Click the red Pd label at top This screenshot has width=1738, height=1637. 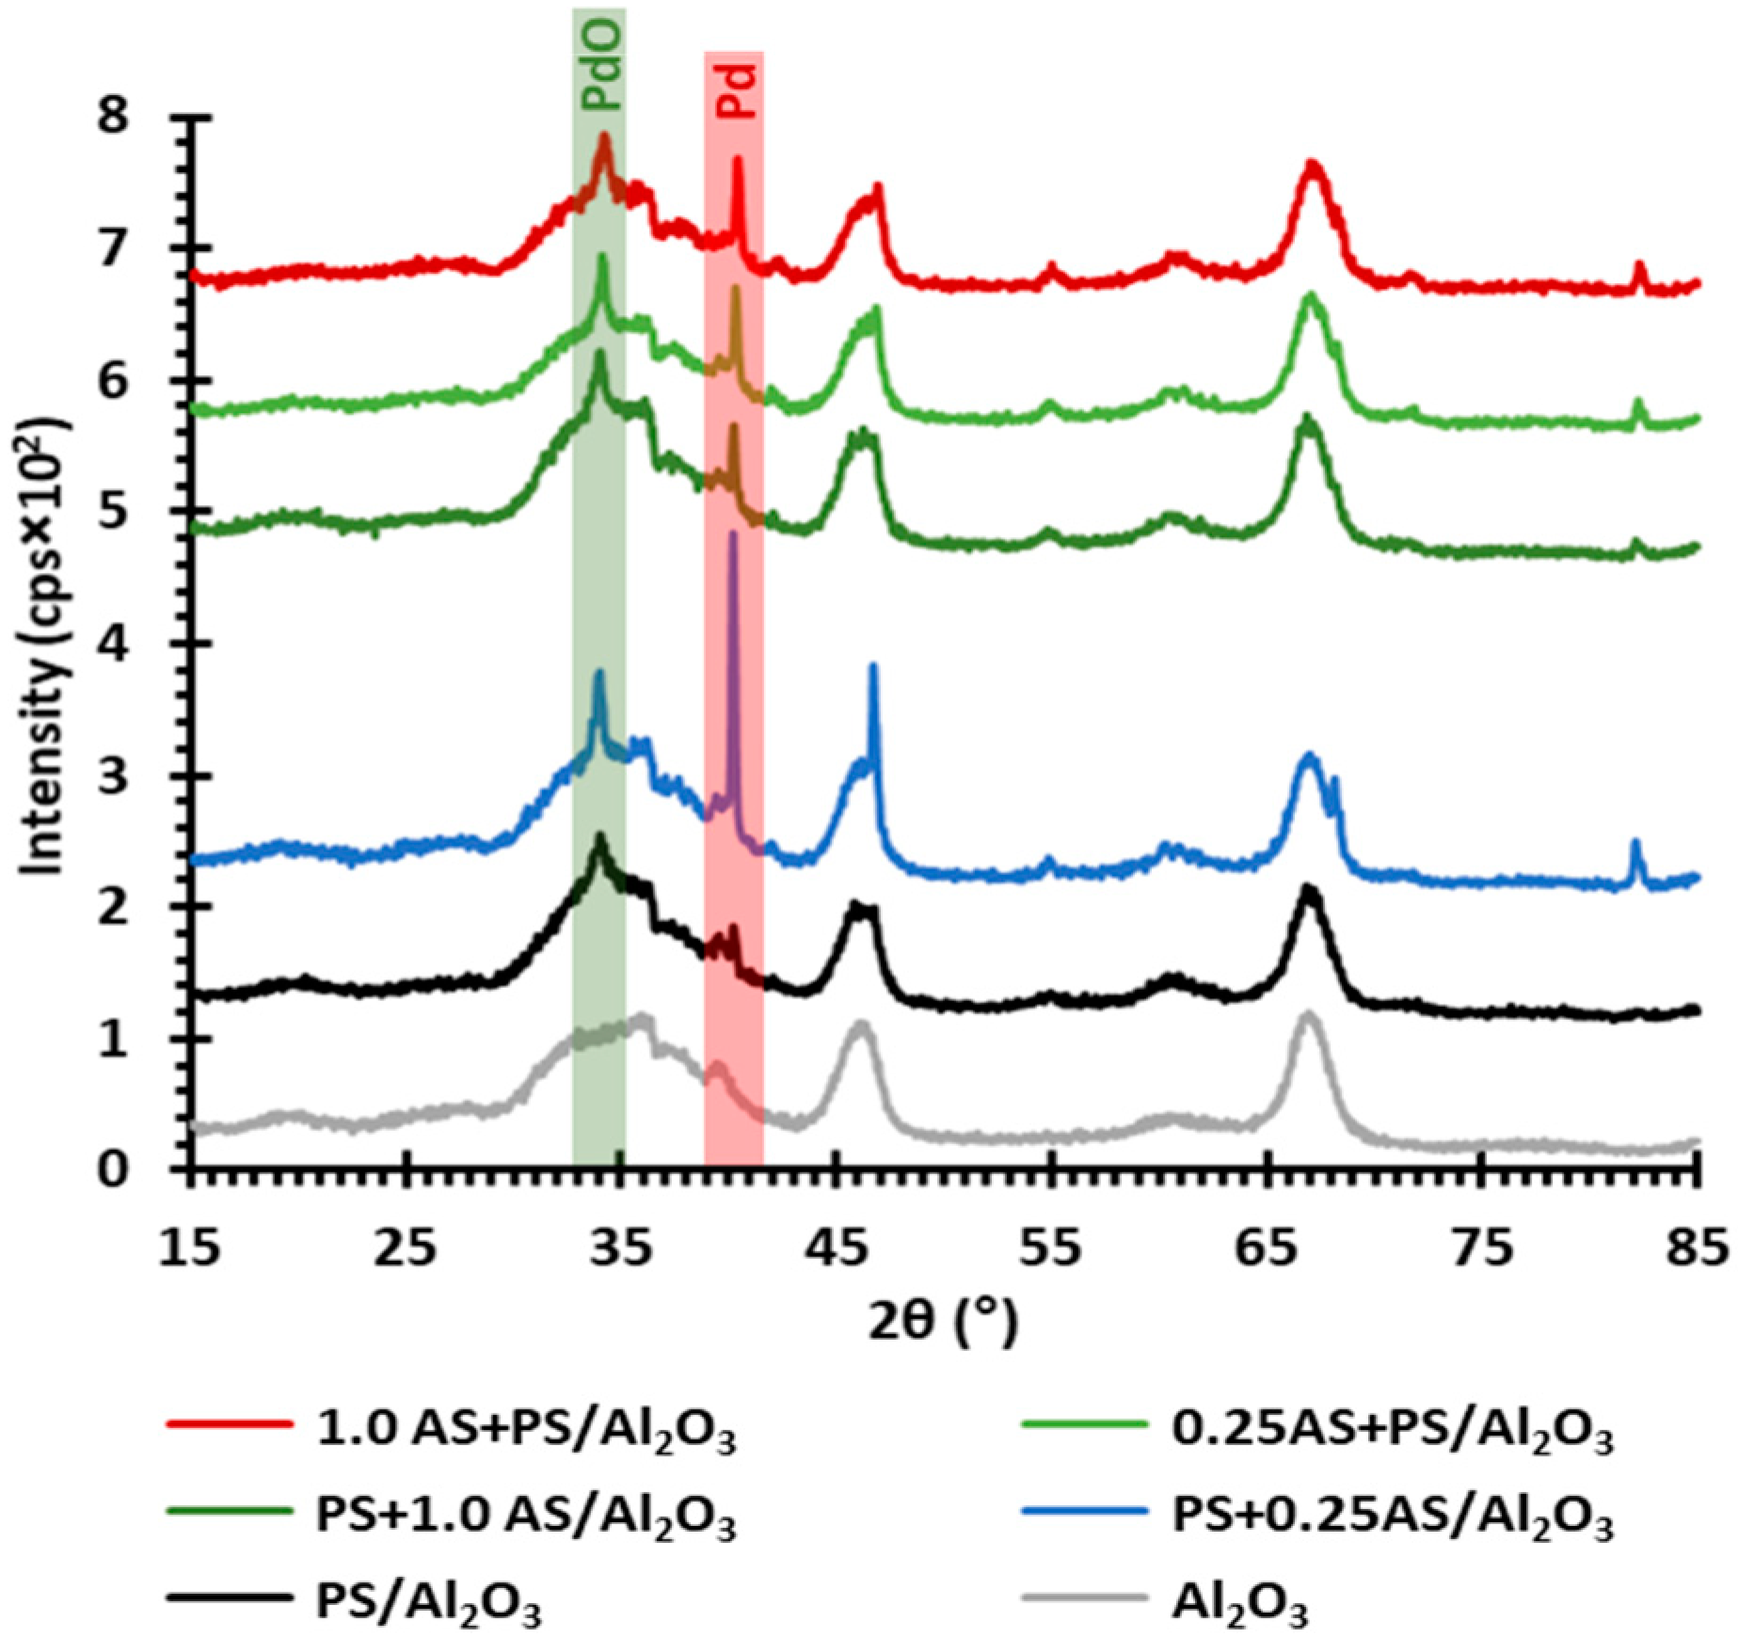(736, 90)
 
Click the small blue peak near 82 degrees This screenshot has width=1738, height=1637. (1634, 843)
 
